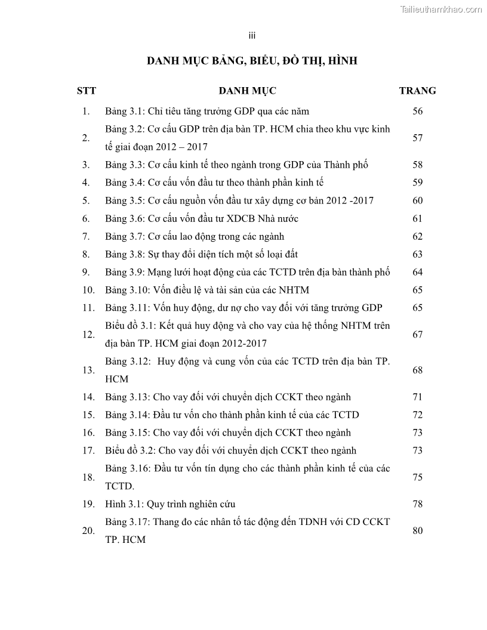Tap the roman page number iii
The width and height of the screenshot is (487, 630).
tap(252, 36)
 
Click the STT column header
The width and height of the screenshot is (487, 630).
tap(87, 91)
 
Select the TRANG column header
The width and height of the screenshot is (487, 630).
tap(417, 91)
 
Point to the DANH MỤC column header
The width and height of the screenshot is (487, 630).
tap(247, 91)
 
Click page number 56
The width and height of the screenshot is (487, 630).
tap(417, 111)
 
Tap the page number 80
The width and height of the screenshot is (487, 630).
tap(417, 530)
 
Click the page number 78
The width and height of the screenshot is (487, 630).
tap(417, 504)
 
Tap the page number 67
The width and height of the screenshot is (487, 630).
tap(417, 334)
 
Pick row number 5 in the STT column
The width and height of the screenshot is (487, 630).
tap(87, 200)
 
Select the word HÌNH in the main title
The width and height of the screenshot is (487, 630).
tap(340, 60)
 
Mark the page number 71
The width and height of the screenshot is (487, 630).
tap(417, 397)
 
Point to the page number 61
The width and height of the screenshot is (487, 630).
tap(417, 218)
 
